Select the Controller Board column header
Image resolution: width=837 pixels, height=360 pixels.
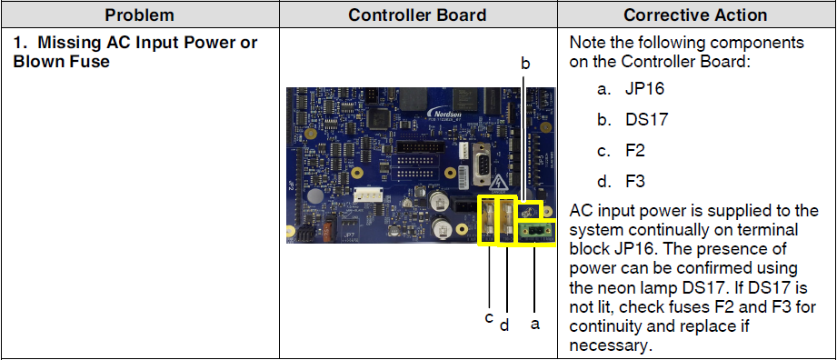418,15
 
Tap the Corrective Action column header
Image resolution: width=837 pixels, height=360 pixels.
695,15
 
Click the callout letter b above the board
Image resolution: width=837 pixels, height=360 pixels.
524,64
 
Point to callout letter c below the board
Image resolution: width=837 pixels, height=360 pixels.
488,317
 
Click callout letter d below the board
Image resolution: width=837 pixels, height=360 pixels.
504,324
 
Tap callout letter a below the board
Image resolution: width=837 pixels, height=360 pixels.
534,323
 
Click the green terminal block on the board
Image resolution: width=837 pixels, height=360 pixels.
536,234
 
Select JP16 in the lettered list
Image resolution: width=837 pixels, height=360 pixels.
643,89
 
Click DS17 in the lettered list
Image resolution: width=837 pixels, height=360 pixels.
646,120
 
